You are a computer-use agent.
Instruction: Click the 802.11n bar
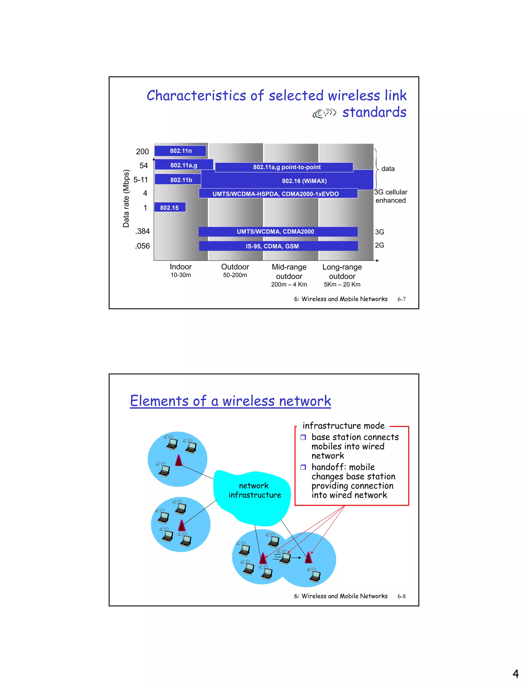click(x=180, y=151)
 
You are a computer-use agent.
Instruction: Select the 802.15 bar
click(x=170, y=207)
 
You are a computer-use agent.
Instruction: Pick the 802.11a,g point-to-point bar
click(x=284, y=167)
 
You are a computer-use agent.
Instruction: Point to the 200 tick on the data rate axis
click(x=142, y=152)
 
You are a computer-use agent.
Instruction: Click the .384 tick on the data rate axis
click(x=142, y=231)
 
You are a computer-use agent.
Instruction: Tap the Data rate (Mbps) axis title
click(x=126, y=198)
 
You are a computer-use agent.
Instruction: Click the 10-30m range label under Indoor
click(x=180, y=275)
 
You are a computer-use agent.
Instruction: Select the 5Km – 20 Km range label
click(x=342, y=285)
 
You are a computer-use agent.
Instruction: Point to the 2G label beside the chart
click(x=379, y=245)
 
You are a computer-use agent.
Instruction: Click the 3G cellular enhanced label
click(x=391, y=196)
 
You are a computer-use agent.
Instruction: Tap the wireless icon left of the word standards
click(x=324, y=113)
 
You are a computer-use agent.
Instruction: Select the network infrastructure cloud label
click(x=254, y=490)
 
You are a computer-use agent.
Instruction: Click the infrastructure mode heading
click(x=343, y=426)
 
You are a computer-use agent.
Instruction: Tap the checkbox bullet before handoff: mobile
click(x=303, y=467)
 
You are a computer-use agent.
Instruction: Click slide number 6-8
click(x=401, y=596)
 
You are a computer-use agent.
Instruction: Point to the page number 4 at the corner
click(x=515, y=673)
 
